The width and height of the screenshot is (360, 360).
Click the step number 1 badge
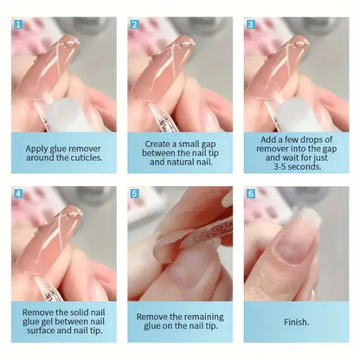tap(18, 24)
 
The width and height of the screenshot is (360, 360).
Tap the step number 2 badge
tap(134, 24)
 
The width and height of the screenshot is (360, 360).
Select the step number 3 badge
tap(251, 24)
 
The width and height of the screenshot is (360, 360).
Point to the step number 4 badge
tap(18, 194)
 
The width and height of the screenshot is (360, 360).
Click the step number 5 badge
tap(134, 194)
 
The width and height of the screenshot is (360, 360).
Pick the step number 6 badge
tap(251, 194)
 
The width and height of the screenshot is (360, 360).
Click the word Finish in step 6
tap(295, 322)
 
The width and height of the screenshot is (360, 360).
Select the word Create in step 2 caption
tap(156, 144)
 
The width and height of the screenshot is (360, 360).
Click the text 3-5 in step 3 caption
tap(280, 167)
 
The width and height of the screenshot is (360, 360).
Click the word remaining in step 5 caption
tap(204, 318)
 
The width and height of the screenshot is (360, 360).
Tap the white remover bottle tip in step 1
tap(63, 115)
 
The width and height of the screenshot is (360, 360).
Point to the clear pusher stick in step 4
tap(46, 288)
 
